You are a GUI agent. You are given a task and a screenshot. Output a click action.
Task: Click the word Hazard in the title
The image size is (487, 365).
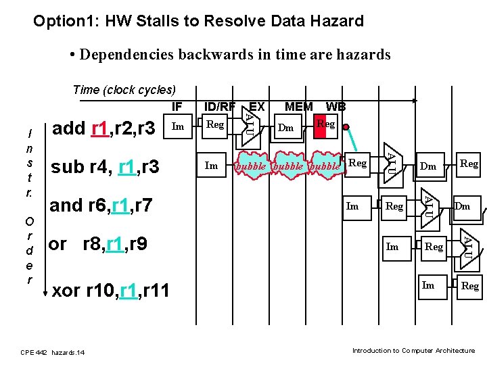click(338, 22)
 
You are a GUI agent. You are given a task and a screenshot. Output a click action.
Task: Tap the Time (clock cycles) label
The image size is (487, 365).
click(124, 89)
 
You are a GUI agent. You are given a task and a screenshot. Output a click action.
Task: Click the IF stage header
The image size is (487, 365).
click(177, 106)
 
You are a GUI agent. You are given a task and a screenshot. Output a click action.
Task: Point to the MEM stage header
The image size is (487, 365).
click(298, 106)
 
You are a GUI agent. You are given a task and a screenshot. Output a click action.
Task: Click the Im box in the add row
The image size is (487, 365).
click(178, 126)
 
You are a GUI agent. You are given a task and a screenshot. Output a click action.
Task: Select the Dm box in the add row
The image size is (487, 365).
click(286, 127)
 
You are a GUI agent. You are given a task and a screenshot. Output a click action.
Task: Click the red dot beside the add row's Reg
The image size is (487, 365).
click(346, 127)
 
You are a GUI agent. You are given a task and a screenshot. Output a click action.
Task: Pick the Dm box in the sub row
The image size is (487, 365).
click(428, 166)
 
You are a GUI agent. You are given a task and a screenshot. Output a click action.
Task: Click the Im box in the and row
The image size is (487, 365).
click(352, 206)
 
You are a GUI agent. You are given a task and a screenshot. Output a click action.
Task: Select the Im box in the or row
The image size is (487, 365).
click(392, 247)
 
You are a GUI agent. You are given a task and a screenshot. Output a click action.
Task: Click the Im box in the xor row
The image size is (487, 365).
click(428, 285)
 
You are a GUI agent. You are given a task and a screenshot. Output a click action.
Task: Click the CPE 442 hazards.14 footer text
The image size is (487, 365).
click(53, 352)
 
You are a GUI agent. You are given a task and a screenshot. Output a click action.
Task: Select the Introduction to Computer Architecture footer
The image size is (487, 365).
click(413, 350)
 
